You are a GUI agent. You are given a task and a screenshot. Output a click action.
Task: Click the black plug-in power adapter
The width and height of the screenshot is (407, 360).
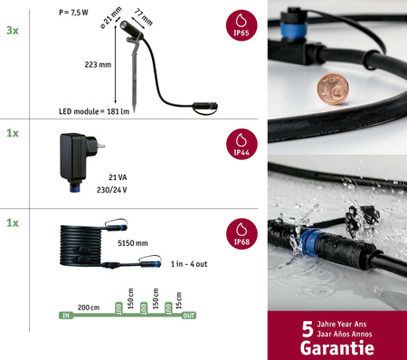(71, 160)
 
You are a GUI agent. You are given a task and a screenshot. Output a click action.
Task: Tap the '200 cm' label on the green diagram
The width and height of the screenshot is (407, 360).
(89, 308)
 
